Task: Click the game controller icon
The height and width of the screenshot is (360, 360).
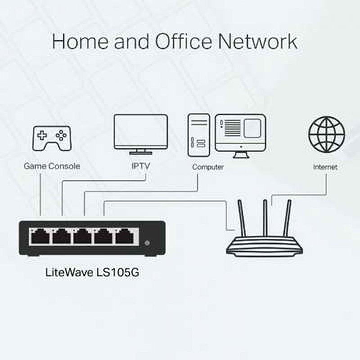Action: click(52, 138)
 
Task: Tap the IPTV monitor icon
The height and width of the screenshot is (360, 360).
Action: click(141, 134)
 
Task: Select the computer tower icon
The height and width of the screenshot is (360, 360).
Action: click(199, 135)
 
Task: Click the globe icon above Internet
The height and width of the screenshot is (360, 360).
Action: click(327, 135)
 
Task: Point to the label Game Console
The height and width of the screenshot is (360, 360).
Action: click(52, 166)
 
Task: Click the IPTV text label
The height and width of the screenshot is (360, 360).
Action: click(140, 166)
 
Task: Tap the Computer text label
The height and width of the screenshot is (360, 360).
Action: click(208, 167)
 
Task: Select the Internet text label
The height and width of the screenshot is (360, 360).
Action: click(325, 167)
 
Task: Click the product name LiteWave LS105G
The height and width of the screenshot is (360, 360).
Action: click(92, 273)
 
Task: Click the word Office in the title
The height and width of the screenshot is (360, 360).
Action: click(184, 41)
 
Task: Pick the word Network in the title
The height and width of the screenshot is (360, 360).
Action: click(257, 41)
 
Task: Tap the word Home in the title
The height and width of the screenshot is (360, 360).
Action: click(80, 41)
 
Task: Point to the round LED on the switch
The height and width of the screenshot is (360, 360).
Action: click(147, 243)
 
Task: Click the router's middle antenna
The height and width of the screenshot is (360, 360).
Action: click(265, 218)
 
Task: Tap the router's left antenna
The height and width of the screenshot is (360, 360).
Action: click(242, 218)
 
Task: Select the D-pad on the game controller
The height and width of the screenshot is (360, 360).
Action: click(42, 135)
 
